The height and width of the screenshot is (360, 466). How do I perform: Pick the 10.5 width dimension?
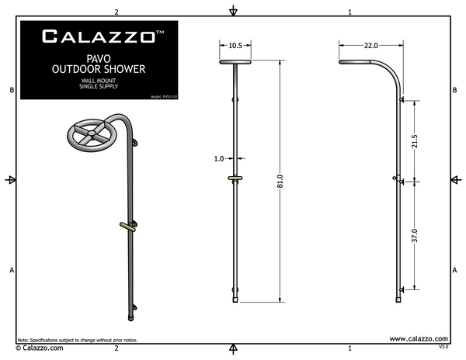click(236, 45)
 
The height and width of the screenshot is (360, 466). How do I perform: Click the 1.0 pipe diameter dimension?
click(218, 159)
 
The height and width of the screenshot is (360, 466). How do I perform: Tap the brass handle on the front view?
click(235, 179)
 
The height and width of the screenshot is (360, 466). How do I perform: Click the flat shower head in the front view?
click(236, 61)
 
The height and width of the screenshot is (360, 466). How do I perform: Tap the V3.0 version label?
click(443, 349)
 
